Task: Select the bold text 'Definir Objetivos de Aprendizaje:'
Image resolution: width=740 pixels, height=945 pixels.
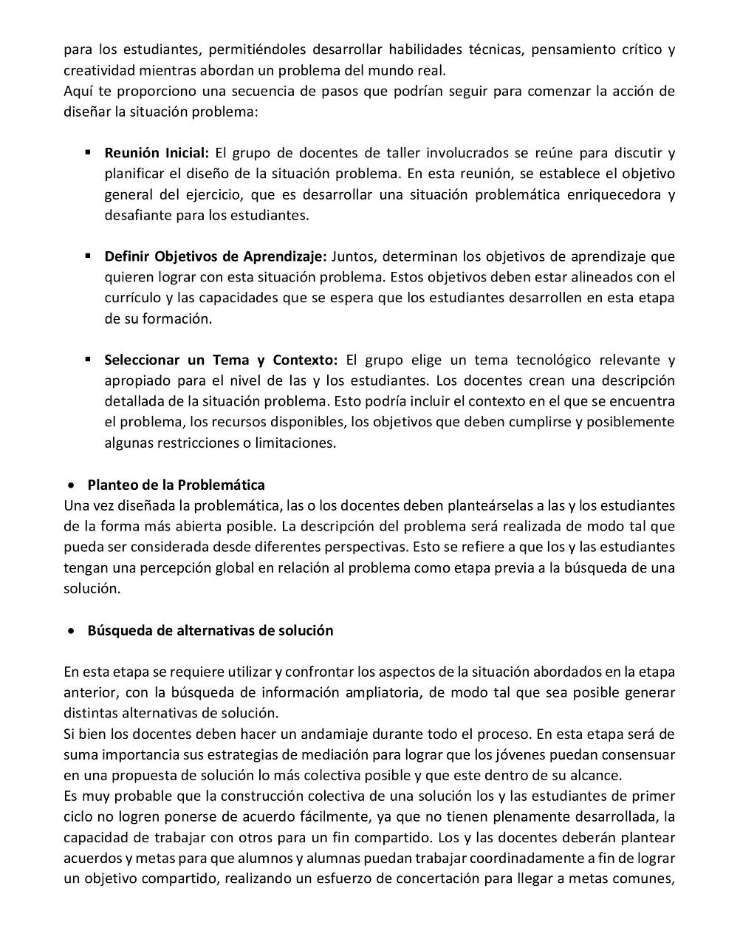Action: (215, 256)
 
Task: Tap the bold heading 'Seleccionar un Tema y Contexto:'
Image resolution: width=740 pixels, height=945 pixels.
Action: (220, 360)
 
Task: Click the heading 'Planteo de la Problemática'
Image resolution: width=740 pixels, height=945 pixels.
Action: (176, 485)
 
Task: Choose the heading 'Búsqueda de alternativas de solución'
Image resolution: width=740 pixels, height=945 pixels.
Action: (210, 630)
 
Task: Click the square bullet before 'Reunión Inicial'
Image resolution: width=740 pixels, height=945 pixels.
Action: (88, 152)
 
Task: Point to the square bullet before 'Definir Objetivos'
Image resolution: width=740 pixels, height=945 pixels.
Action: (88, 256)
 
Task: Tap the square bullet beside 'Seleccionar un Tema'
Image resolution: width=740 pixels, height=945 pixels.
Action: (88, 359)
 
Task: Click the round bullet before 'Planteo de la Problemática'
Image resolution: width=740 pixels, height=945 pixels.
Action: (71, 485)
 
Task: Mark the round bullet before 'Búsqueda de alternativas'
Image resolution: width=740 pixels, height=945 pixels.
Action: (71, 631)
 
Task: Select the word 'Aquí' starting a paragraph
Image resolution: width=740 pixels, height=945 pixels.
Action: (78, 91)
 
